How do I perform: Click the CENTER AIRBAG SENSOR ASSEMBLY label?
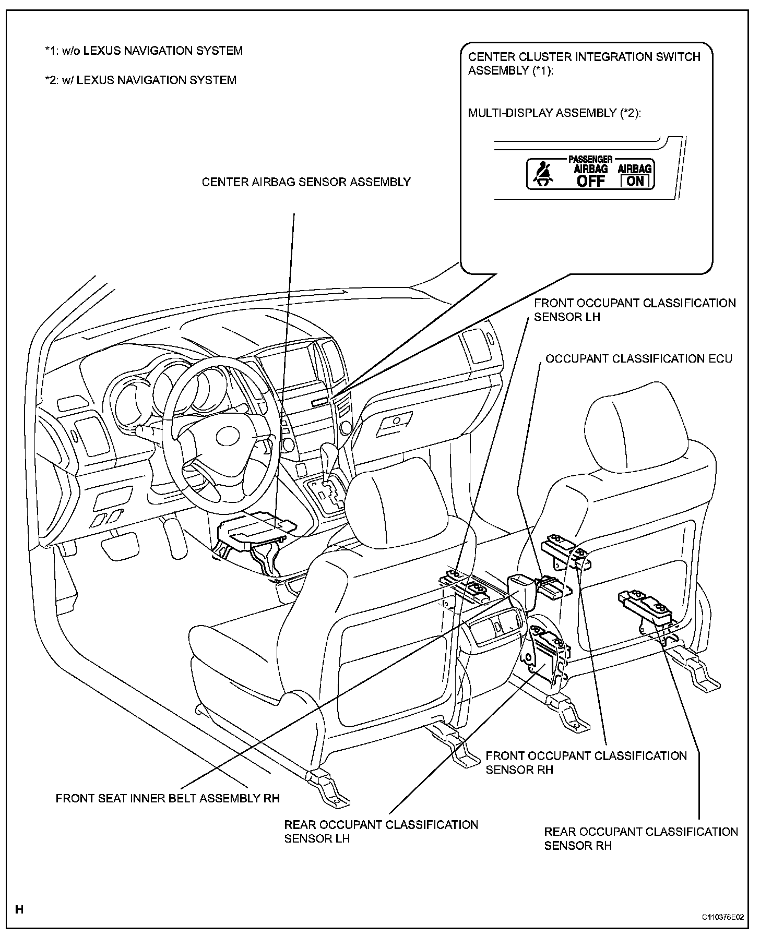(x=306, y=182)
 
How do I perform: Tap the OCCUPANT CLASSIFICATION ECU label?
(x=638, y=359)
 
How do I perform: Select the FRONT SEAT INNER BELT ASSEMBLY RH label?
(x=168, y=799)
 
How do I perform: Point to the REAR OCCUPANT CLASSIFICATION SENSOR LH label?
(x=381, y=832)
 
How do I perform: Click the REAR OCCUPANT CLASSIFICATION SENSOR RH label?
(x=640, y=838)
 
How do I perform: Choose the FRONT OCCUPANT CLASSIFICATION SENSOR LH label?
(x=634, y=310)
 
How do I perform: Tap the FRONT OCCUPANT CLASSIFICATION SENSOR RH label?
(x=586, y=763)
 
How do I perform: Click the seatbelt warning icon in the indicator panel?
(x=542, y=174)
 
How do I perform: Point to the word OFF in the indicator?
(x=591, y=181)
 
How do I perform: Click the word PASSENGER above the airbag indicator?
(x=590, y=159)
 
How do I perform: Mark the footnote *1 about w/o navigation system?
(x=144, y=51)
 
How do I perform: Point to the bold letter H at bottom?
(x=19, y=910)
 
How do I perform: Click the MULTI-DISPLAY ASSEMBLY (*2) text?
(x=554, y=113)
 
